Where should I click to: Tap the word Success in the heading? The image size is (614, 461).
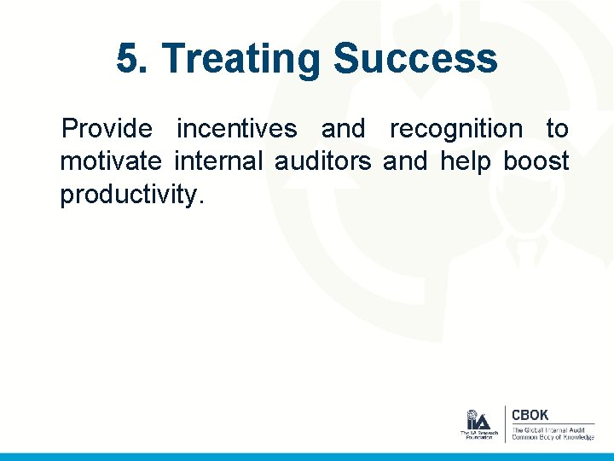pos(415,59)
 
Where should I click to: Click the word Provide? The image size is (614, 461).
pos(107,129)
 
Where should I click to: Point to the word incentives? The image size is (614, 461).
pos(236,129)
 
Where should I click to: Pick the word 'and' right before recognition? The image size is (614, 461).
pos(343,129)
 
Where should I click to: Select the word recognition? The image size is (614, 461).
pos(455,129)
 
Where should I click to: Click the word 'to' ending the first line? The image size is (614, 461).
pos(557,129)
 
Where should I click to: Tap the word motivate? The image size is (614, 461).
pos(110,161)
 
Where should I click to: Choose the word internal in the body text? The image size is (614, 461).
pos(223,161)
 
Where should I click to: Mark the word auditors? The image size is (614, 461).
pos(322,161)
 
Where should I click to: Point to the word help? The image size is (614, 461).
pos(466,161)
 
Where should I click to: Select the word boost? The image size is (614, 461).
pos(536,161)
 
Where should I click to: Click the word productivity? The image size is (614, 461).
pos(132,194)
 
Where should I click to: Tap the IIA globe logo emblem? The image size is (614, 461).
pos(478,419)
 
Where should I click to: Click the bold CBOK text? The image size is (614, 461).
pos(530,415)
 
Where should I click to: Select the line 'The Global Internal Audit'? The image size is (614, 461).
pos(551,429)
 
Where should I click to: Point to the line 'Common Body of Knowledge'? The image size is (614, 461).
pos(553,437)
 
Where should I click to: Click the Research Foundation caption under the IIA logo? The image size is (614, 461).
pos(478,435)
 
